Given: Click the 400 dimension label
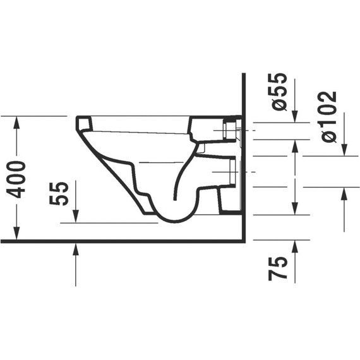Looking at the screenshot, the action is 16,179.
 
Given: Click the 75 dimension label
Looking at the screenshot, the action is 278,268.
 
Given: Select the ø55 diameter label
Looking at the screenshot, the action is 278,92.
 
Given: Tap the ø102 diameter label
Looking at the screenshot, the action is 329,117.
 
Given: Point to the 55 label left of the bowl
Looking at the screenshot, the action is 59,193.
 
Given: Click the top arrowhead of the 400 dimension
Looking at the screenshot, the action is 16,123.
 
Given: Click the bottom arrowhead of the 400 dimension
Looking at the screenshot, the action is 16,233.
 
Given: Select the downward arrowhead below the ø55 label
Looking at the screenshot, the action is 295,116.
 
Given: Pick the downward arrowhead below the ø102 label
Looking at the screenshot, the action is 344,150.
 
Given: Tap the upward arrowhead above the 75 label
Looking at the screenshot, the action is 295,246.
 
